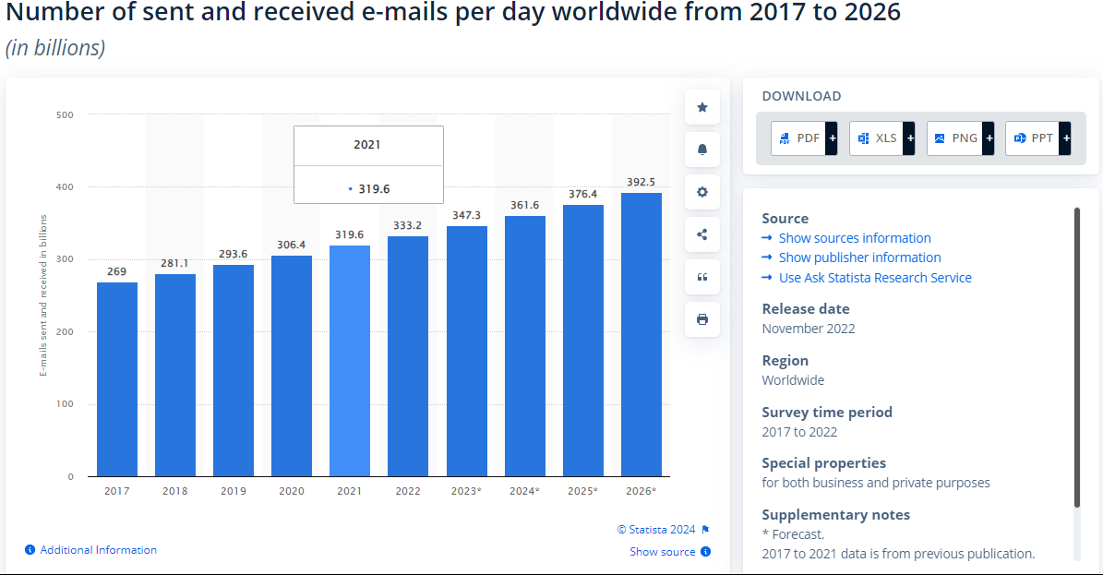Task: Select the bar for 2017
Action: (x=117, y=378)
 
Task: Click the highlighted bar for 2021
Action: (x=350, y=360)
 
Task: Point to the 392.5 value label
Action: (x=641, y=182)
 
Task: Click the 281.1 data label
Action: (x=175, y=261)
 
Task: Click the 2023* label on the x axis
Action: (x=466, y=491)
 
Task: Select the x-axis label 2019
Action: (x=234, y=491)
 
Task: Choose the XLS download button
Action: (x=882, y=138)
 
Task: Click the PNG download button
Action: (x=960, y=138)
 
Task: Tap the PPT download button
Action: (x=1038, y=138)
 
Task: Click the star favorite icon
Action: (x=702, y=107)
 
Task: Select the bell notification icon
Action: (x=702, y=150)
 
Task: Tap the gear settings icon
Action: (x=702, y=192)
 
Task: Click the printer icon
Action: (x=702, y=319)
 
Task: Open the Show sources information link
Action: (x=855, y=238)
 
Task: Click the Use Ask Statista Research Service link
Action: (x=875, y=278)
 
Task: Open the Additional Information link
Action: (x=98, y=550)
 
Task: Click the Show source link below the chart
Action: (x=663, y=552)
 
